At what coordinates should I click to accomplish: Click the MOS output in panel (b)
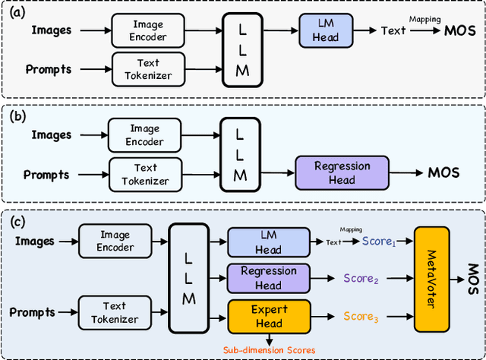[x=443, y=172]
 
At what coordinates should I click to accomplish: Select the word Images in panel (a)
[x=52, y=30]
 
